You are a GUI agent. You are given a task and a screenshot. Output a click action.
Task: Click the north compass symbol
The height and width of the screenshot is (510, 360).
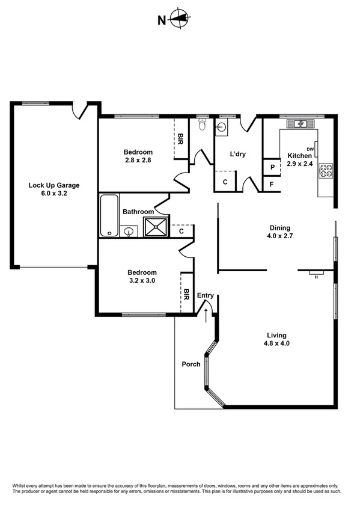point(178,20)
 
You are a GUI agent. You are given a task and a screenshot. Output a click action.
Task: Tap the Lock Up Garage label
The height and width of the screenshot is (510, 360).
point(54,185)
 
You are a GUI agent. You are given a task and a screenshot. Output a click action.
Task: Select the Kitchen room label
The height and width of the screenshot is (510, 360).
point(299,156)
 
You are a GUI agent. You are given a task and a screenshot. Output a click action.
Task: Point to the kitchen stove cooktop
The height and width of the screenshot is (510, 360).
point(326,170)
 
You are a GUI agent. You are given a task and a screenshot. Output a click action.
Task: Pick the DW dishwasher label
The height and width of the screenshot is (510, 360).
point(311,149)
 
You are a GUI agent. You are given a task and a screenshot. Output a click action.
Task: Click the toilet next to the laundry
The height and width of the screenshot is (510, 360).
point(203,124)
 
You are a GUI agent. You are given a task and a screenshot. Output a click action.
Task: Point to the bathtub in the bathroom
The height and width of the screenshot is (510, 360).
point(109,215)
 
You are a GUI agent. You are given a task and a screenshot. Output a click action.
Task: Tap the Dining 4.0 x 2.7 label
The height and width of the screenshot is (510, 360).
point(279,232)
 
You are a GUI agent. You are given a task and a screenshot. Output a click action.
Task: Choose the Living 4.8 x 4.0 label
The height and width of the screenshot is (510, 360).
point(277,340)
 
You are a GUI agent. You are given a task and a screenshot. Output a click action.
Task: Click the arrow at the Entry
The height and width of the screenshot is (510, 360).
point(207,315)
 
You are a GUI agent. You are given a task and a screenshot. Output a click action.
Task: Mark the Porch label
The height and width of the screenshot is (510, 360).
point(191,364)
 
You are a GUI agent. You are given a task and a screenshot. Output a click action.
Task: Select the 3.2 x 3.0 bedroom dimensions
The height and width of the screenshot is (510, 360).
point(142,280)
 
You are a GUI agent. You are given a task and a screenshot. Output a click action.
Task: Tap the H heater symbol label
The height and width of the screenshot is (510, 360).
point(316,277)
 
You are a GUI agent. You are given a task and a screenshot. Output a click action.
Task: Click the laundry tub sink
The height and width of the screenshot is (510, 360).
point(221,126)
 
